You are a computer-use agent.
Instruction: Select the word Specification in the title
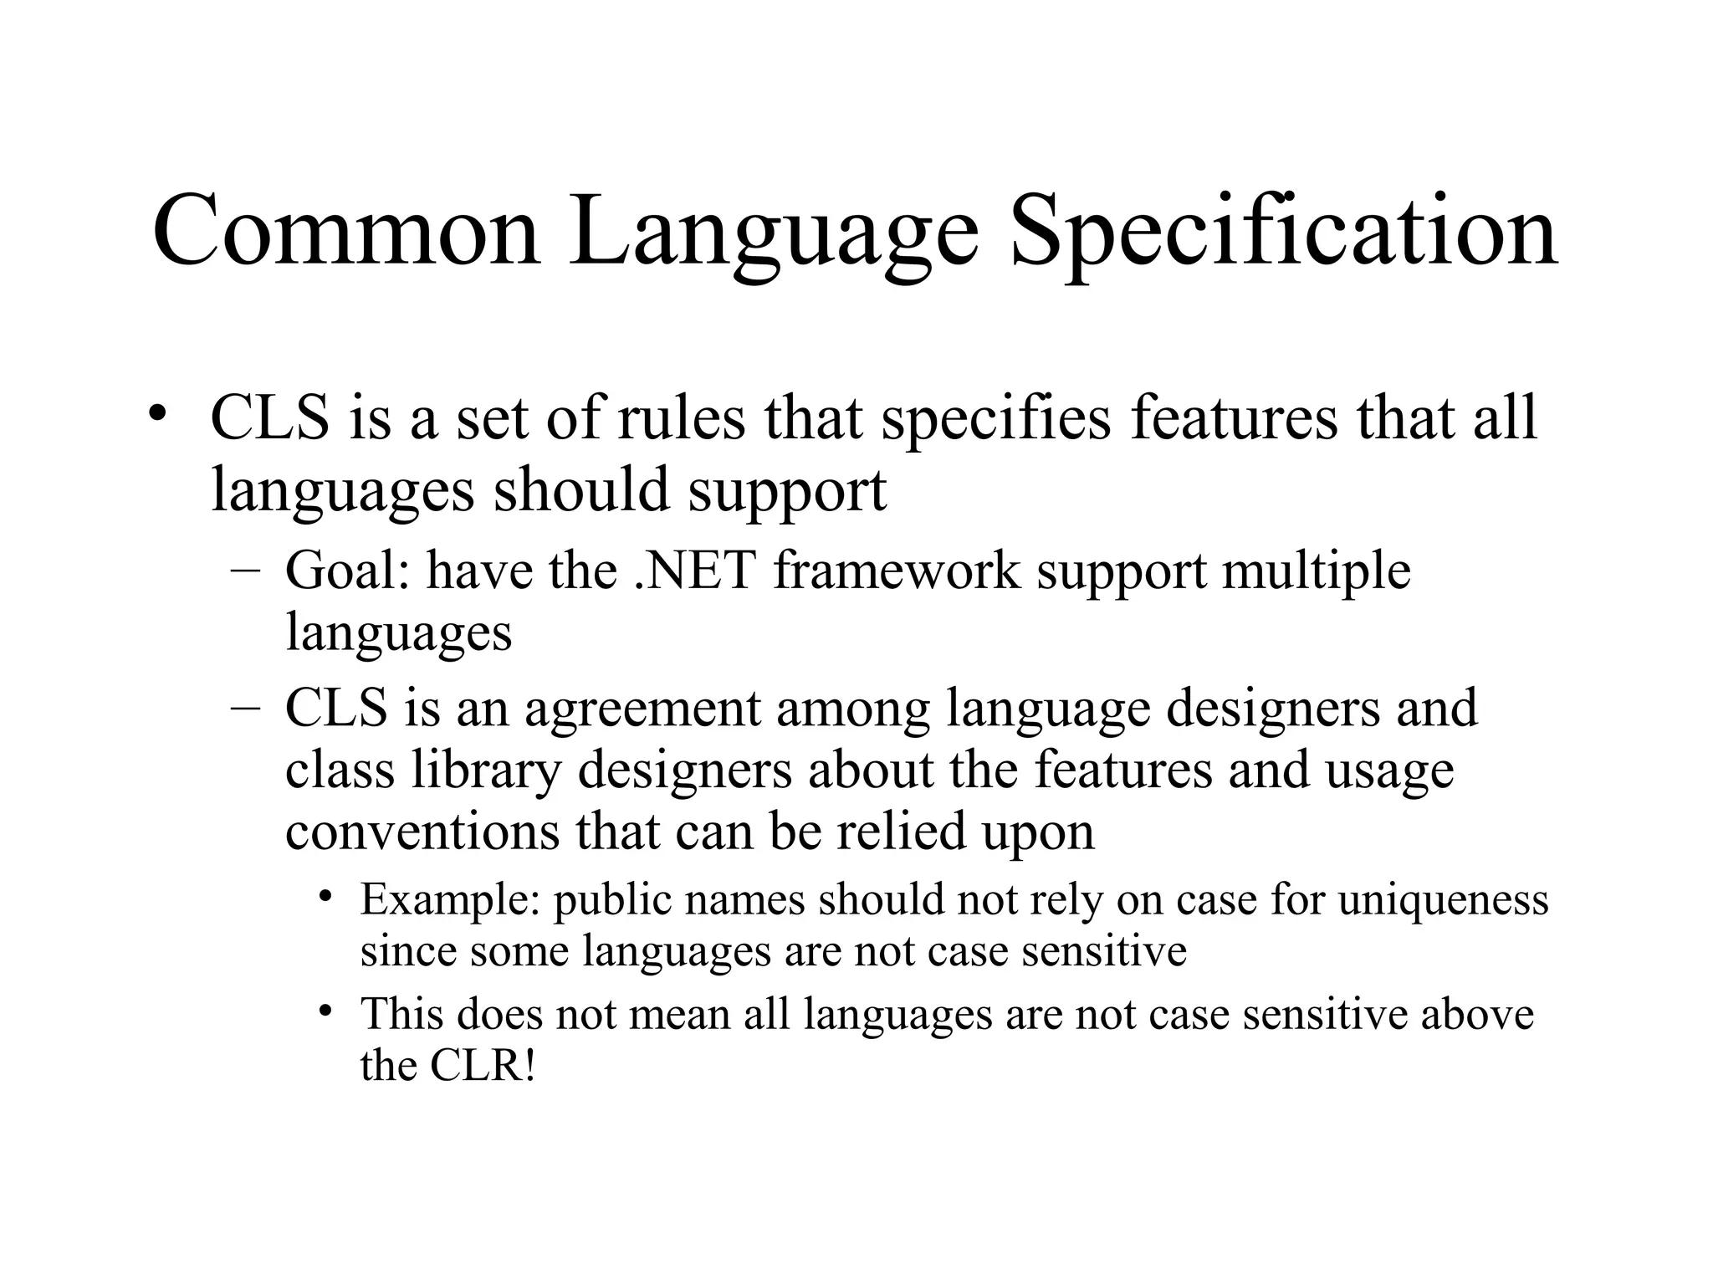coord(1284,230)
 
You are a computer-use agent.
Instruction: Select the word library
coord(486,770)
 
